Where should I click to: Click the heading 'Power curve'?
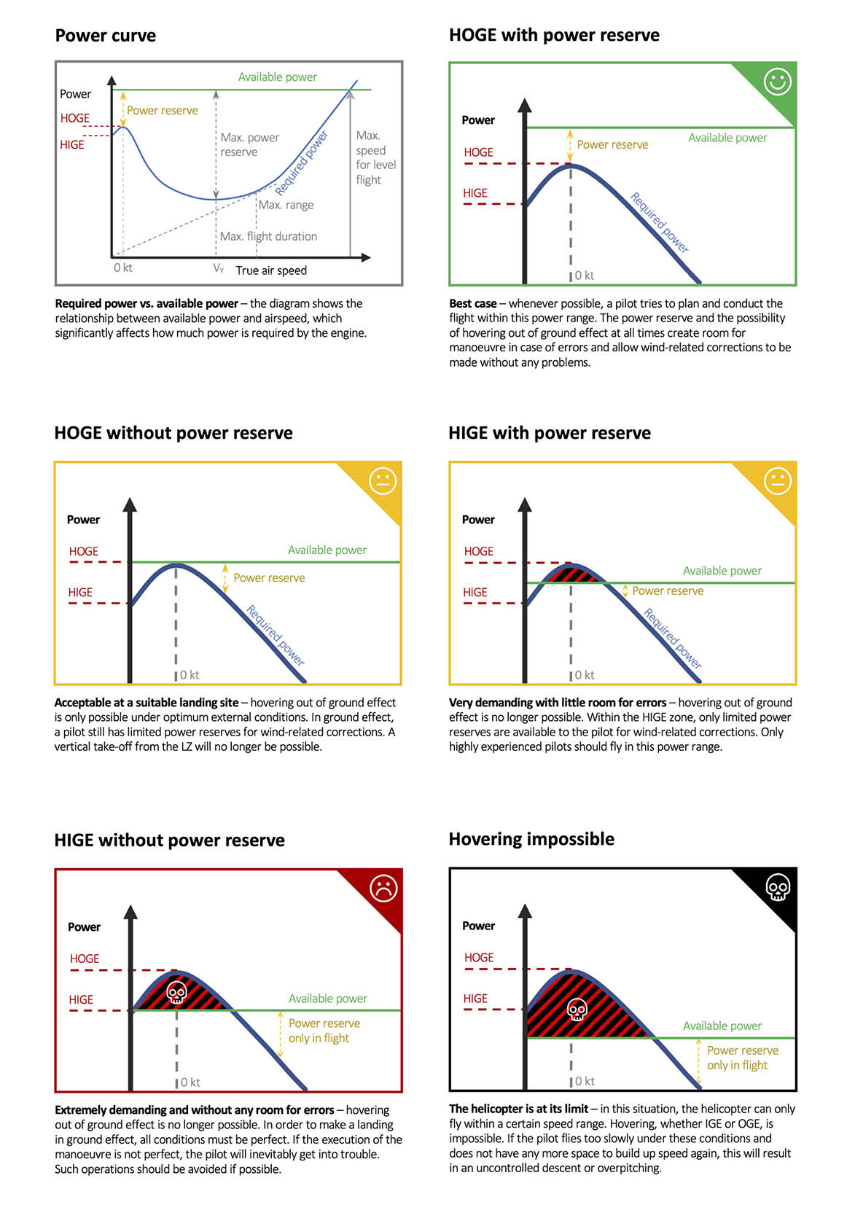pyautogui.click(x=106, y=36)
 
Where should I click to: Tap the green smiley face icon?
pyautogui.click(x=777, y=82)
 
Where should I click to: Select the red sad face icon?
pyautogui.click(x=383, y=888)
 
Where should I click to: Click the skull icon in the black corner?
pyautogui.click(x=778, y=887)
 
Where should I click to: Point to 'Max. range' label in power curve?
pyautogui.click(x=286, y=205)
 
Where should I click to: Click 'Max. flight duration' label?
pyautogui.click(x=268, y=236)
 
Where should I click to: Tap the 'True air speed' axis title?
pyautogui.click(x=271, y=270)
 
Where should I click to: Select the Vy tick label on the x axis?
pyautogui.click(x=218, y=268)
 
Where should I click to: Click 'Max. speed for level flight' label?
pyautogui.click(x=375, y=157)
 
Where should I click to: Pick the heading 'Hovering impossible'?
pyautogui.click(x=531, y=839)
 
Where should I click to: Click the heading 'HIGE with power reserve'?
pyautogui.click(x=550, y=433)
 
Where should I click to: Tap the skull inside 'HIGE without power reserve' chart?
pyautogui.click(x=177, y=992)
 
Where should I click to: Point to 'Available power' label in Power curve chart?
pyautogui.click(x=278, y=77)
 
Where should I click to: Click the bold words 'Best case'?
pyautogui.click(x=473, y=303)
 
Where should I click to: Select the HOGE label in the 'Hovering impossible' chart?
pyautogui.click(x=479, y=958)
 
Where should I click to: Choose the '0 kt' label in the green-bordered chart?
pyautogui.click(x=584, y=276)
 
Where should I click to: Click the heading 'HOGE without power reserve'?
pyautogui.click(x=173, y=433)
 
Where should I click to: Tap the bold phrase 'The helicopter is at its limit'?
pyautogui.click(x=518, y=1109)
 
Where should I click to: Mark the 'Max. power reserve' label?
pyautogui.click(x=249, y=144)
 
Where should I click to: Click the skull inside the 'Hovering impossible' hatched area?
pyautogui.click(x=577, y=1010)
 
